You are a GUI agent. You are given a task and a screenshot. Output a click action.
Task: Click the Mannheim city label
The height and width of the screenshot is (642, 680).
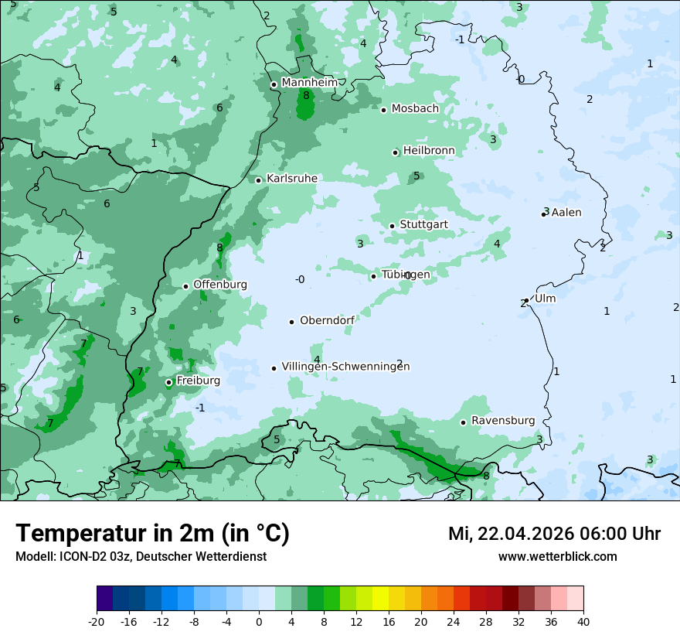pos(309,82)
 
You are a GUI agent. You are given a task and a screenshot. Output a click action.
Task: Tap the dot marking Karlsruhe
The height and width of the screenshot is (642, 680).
pos(259,180)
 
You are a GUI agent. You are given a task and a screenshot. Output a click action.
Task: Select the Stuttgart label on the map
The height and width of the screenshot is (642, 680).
pos(423,224)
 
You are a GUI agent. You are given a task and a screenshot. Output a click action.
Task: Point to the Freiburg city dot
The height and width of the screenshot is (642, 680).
pos(168,382)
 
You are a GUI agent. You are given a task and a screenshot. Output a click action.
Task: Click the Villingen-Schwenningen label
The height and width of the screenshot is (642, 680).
pos(345,367)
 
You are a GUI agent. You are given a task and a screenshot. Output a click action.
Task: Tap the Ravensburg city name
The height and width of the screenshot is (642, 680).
pos(502,421)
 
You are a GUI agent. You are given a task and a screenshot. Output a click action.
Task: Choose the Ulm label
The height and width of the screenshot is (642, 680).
pos(545,299)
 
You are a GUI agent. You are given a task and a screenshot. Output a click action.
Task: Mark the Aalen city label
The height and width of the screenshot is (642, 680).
pos(566,213)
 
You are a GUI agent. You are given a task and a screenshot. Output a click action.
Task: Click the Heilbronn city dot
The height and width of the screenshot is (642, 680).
pos(396,152)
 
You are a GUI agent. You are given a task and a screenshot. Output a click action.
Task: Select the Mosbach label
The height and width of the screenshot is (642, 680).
pos(415,109)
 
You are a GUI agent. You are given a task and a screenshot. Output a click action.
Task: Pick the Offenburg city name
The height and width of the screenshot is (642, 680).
pos(220,285)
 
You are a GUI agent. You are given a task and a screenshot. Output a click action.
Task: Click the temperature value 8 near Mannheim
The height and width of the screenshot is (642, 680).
pos(306,95)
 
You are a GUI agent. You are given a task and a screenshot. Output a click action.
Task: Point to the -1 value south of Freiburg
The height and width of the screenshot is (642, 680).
pos(200,408)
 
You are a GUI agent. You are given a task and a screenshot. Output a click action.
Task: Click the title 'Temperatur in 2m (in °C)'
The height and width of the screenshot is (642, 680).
pos(152,533)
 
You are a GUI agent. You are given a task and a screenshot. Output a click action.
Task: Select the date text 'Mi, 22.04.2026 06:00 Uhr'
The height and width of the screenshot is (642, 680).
pos(554,534)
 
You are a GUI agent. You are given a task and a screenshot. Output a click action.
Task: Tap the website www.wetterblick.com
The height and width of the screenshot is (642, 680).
pos(557,557)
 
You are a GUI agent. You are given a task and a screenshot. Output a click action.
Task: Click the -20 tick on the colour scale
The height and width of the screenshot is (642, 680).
pos(97,622)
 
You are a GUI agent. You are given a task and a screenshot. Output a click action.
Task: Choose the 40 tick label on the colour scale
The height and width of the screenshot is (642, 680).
pos(583,622)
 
